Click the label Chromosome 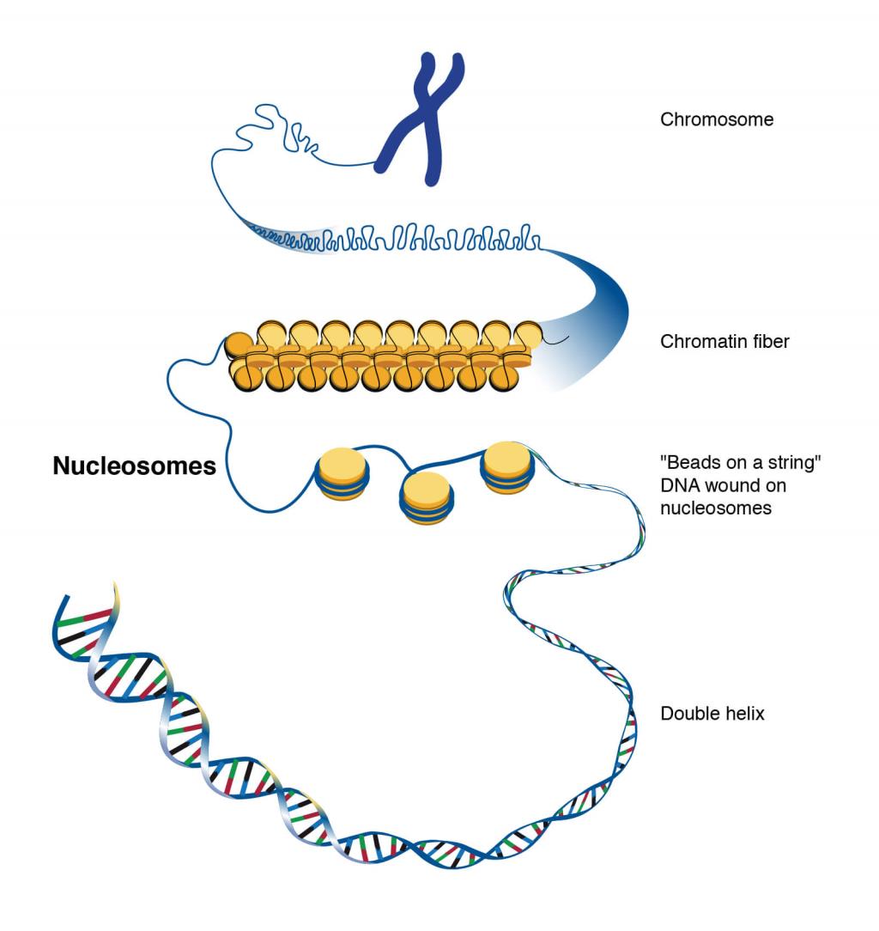[x=716, y=120]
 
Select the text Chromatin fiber [x=724, y=342]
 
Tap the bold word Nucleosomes [x=134, y=466]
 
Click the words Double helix [x=712, y=714]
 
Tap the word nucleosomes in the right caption [x=715, y=508]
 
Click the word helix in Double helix [x=743, y=714]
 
